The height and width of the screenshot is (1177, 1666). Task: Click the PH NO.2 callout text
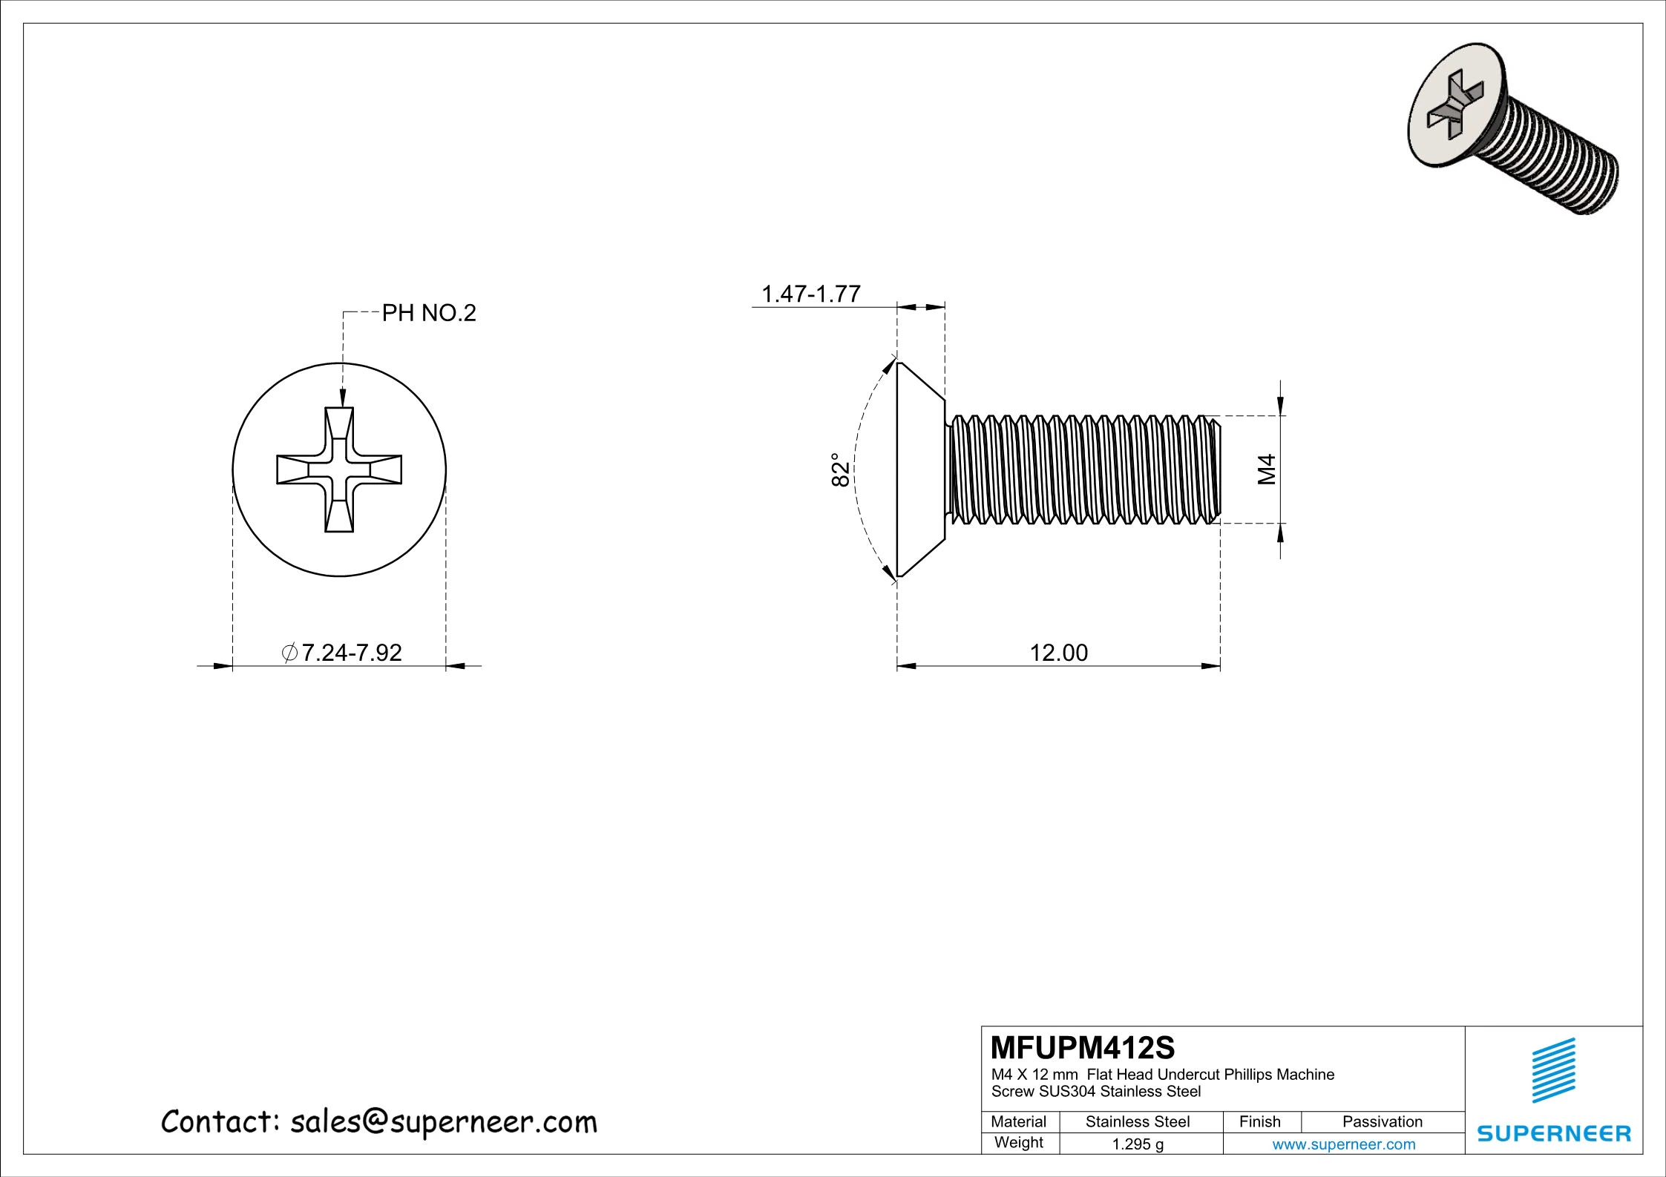point(428,314)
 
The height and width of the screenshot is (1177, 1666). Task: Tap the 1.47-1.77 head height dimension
point(811,294)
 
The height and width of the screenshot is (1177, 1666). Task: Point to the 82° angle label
point(839,469)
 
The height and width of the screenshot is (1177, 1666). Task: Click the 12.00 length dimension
point(1058,653)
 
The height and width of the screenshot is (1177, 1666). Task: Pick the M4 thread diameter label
point(1267,469)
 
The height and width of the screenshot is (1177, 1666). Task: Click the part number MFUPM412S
point(1083,1048)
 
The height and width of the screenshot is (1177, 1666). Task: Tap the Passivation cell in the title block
point(1382,1122)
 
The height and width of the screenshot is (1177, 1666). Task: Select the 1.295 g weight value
point(1138,1144)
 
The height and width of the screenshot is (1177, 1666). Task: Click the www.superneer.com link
point(1343,1144)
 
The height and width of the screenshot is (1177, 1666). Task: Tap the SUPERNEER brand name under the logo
point(1554,1133)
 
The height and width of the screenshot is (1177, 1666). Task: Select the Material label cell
point(1019,1122)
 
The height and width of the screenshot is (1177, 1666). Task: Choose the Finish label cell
point(1259,1122)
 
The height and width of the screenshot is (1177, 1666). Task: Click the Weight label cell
point(1019,1143)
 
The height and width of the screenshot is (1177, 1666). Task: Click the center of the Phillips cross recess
point(339,469)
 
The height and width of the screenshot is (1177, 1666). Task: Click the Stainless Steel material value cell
point(1138,1122)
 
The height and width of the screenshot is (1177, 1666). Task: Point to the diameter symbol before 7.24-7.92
point(290,653)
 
